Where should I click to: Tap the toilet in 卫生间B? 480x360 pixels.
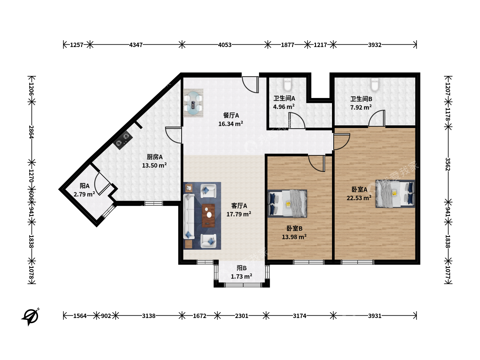pos(375,84)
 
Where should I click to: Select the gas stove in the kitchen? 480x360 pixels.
pos(123,140)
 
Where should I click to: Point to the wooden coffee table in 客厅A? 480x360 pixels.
pos(208,216)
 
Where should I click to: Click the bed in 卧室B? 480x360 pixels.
pos(287,203)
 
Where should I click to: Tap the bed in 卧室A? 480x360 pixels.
pos(395,194)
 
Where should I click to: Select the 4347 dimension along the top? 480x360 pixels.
pos(136,45)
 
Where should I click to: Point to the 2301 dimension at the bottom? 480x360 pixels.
pos(241,316)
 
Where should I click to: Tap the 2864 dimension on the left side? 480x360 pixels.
pos(31,132)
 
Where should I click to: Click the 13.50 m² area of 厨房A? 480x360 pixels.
pos(154,165)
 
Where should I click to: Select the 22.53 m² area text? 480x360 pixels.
pos(359,198)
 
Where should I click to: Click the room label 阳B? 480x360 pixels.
pos(242,268)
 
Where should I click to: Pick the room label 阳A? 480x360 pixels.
pos(84,186)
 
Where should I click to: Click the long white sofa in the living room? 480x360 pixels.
pos(189,217)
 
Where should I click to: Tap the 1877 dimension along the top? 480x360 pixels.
pos(287,45)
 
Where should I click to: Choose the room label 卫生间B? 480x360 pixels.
pos(361,99)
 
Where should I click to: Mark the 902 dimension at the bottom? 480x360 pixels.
pos(106,316)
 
